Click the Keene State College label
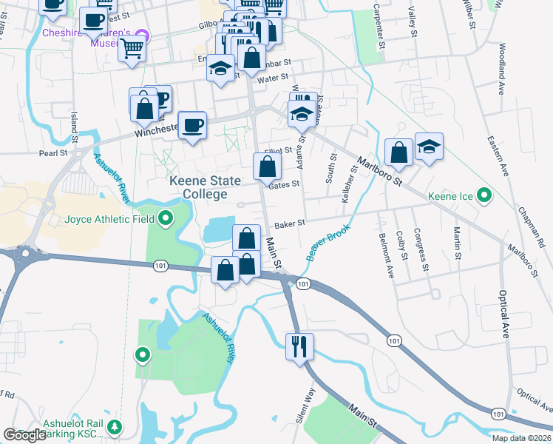[x=198, y=187]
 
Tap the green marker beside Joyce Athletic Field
[x=166, y=218]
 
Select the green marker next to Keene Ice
[x=484, y=196]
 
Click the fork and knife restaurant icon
[x=299, y=346]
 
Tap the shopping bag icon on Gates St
[x=267, y=166]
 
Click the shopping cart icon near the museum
[x=132, y=49]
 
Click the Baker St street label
[x=291, y=223]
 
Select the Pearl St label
[x=54, y=153]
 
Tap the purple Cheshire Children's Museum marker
[x=145, y=35]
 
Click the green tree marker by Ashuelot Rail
[x=115, y=427]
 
